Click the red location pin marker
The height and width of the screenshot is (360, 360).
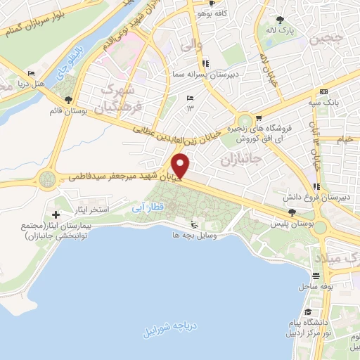click(181, 166)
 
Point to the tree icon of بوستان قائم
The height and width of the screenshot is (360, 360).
click(68, 99)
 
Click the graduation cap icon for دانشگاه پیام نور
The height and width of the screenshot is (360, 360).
click(307, 312)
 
